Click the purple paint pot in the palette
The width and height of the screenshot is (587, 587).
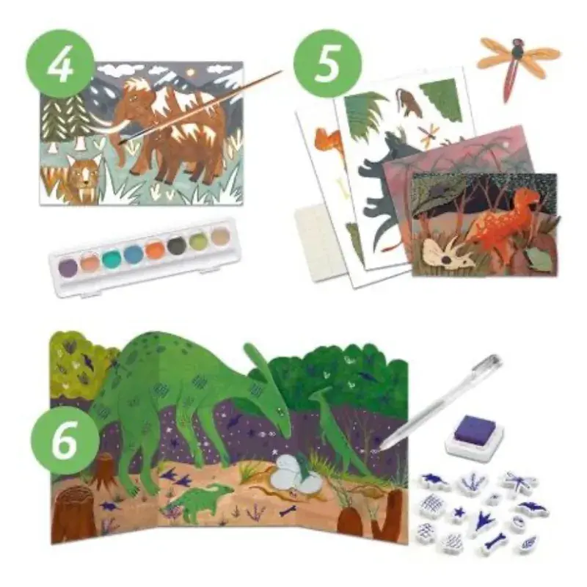68,266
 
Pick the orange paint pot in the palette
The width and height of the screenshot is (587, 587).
156,249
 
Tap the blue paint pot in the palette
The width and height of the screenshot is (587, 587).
134,254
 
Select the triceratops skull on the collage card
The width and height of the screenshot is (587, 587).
447,252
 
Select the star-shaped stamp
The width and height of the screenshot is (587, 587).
459,512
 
